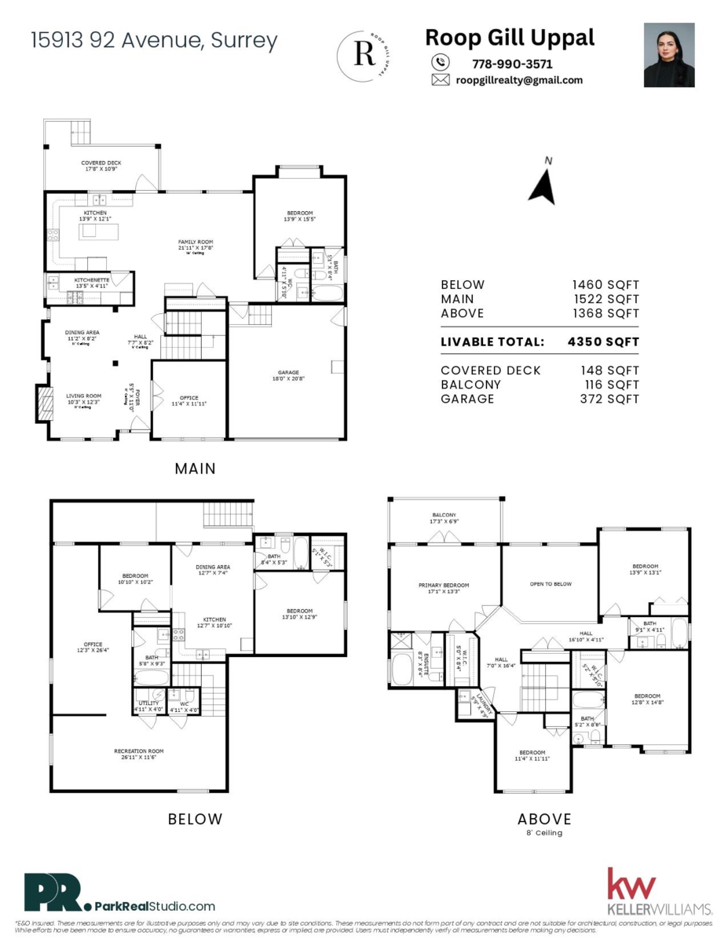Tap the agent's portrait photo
point(669,54)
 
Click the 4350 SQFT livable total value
point(602,342)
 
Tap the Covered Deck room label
point(101,166)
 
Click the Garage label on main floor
point(288,376)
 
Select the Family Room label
point(196,245)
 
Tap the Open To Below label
point(551,584)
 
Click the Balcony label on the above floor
point(444,517)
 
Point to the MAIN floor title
point(195,469)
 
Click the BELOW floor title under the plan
point(195,820)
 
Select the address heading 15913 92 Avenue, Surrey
point(154,41)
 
